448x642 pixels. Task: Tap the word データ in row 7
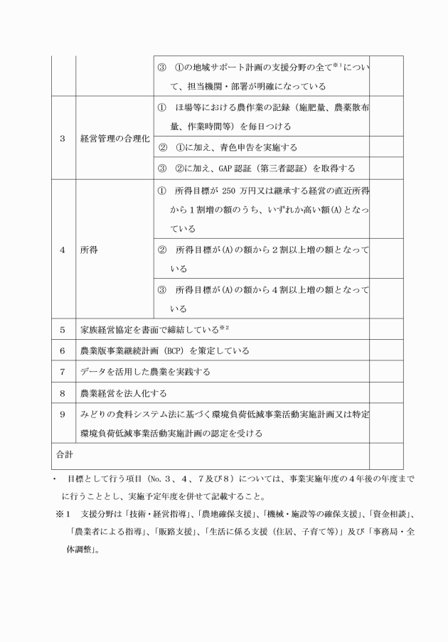(x=95, y=371)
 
